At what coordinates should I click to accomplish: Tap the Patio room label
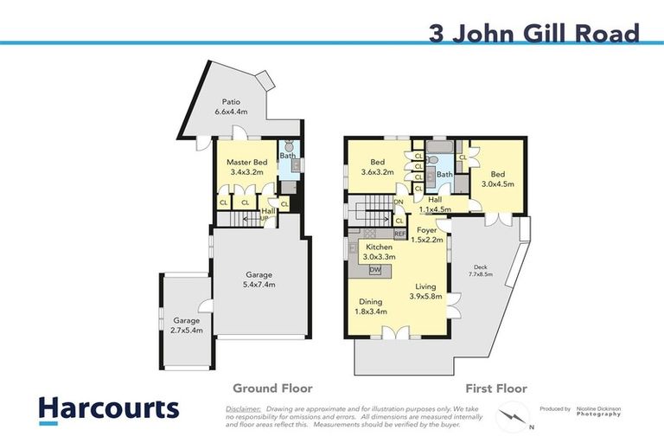[x=231, y=106]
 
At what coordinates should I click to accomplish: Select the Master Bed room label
[x=246, y=167]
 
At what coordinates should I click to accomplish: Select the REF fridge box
[x=399, y=234]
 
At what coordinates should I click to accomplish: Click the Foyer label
[x=426, y=234]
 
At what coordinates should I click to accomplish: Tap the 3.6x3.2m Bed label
[x=377, y=167]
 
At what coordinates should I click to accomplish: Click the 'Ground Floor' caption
[x=271, y=388]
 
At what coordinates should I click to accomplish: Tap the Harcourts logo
[x=109, y=409]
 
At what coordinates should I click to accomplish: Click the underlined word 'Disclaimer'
[x=243, y=407]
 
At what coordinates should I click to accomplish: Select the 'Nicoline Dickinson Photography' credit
[x=599, y=411]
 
